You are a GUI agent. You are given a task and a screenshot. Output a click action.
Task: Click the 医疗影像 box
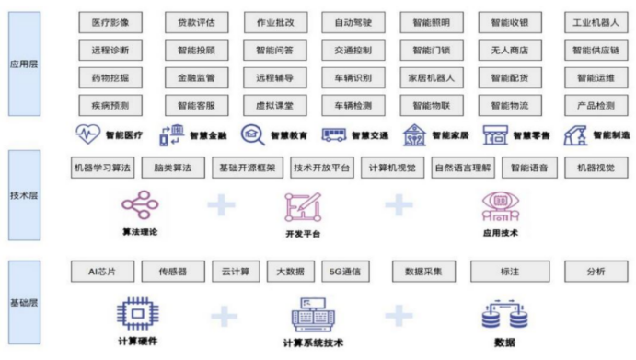coord(104,21)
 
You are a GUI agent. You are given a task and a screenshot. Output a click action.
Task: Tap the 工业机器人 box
coord(594,21)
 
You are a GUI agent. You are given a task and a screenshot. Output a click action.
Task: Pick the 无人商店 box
coord(515,50)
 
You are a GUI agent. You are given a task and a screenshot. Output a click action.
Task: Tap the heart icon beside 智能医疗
coord(89,135)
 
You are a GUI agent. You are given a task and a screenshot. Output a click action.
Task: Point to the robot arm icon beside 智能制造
coord(578,135)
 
